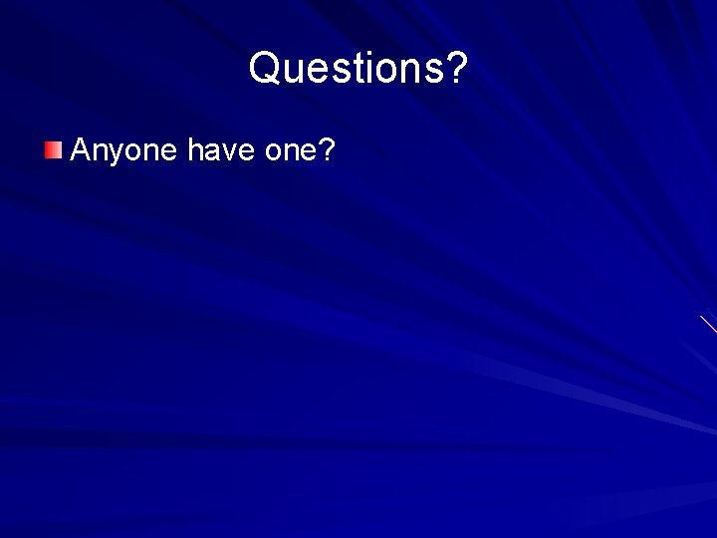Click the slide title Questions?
click(x=358, y=69)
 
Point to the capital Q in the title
click(x=266, y=69)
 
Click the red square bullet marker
click(x=53, y=150)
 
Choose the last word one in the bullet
click(x=291, y=151)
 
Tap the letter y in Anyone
click(x=116, y=154)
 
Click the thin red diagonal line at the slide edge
click(x=708, y=324)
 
